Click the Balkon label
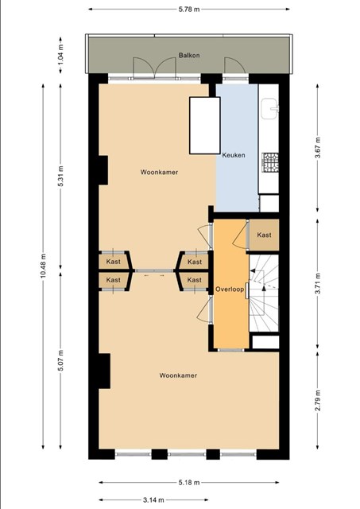coord(189,55)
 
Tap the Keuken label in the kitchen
coord(234,155)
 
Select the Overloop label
coord(230,289)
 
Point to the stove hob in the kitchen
coord(270,162)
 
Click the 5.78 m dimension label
coord(189,9)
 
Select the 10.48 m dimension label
coord(43,266)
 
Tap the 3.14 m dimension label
coord(153,499)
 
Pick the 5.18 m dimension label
coord(189,483)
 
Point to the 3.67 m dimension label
coord(318,148)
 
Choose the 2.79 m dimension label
coord(318,400)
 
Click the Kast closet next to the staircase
coord(264,235)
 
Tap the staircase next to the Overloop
coord(264,293)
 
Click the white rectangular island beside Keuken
coord(205,126)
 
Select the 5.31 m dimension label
coord(60,176)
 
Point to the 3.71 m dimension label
coord(318,283)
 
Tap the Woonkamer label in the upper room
coord(159,172)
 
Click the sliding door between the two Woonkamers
coord(154,270)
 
